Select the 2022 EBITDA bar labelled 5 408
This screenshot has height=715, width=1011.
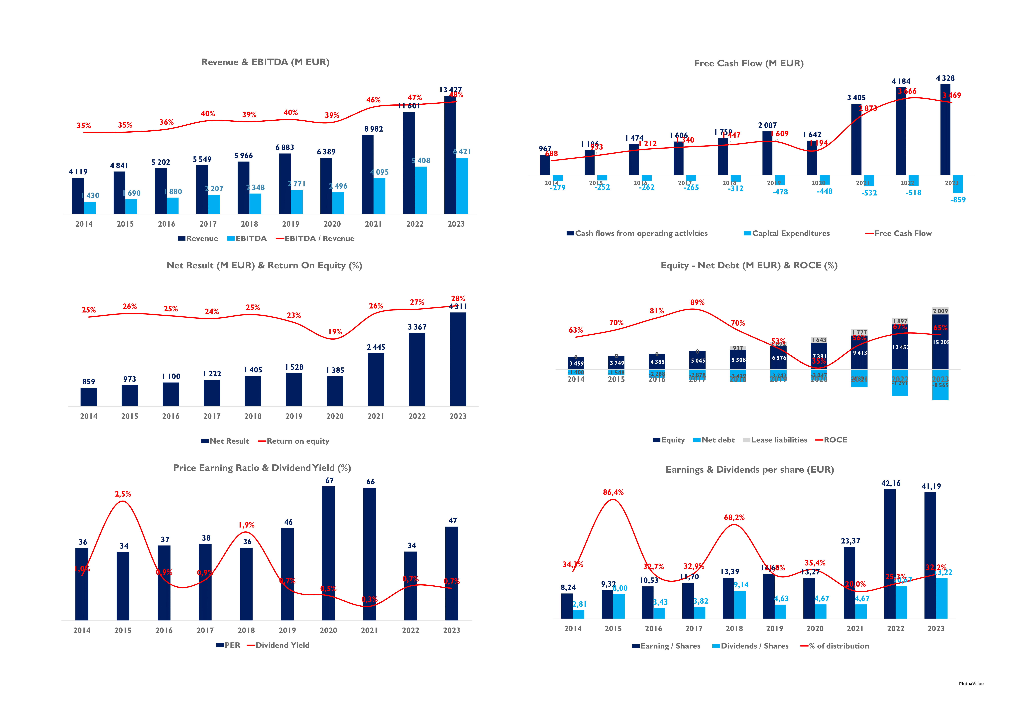click(x=420, y=190)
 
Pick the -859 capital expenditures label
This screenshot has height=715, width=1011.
click(x=958, y=200)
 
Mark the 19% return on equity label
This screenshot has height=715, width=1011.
click(x=335, y=332)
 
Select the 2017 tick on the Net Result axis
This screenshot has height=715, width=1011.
click(x=212, y=416)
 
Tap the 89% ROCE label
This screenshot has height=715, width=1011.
click(x=697, y=302)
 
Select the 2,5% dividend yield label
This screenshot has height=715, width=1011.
click(x=123, y=494)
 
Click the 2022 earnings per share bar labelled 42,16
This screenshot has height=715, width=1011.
click(x=889, y=554)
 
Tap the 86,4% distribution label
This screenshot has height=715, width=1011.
click(x=613, y=492)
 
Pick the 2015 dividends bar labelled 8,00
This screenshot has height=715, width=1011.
click(x=619, y=606)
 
